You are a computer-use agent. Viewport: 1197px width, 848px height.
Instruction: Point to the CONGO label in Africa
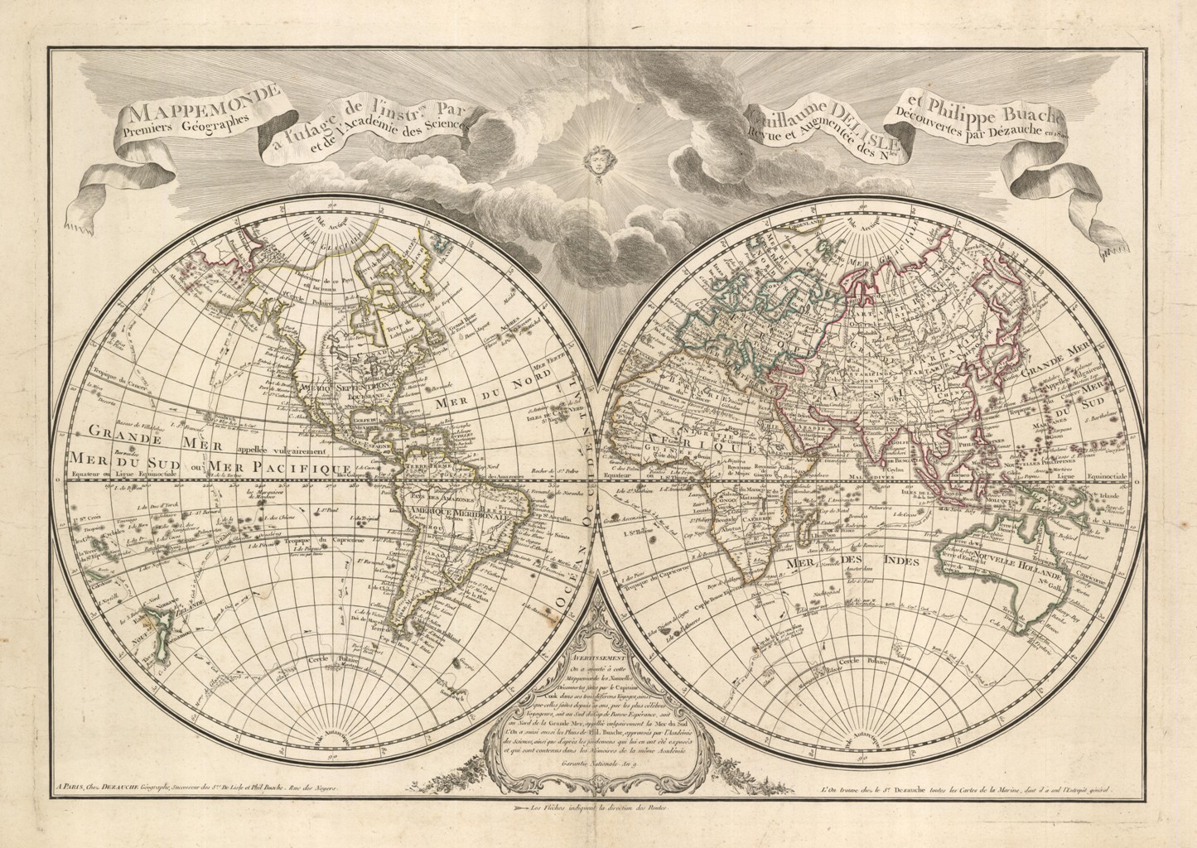coord(723,499)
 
